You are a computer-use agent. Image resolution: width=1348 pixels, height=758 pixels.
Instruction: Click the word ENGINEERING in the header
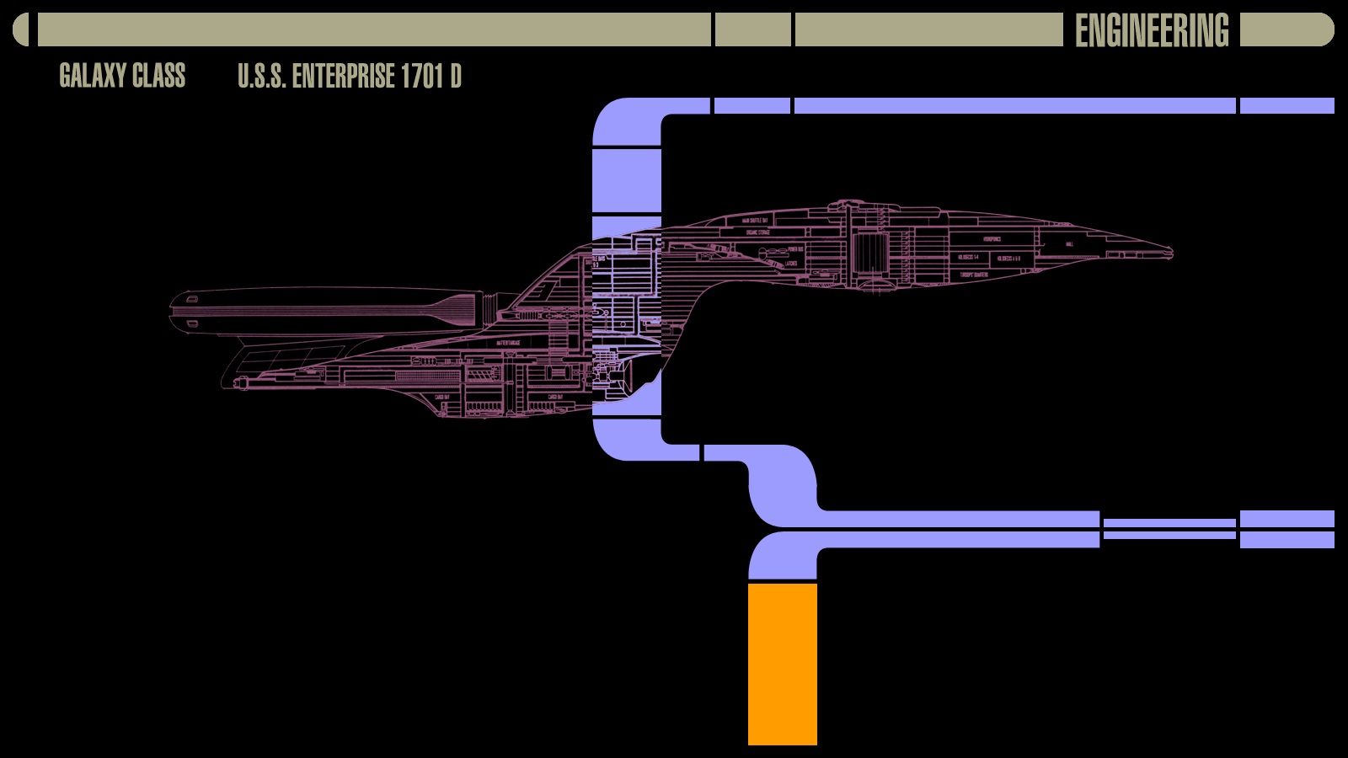[x=1152, y=30]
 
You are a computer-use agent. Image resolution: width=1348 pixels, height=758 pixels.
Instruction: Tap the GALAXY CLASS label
[x=122, y=76]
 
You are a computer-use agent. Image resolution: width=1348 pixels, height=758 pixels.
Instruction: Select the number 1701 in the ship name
[x=421, y=77]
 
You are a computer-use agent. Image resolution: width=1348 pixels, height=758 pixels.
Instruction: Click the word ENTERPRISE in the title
[x=344, y=77]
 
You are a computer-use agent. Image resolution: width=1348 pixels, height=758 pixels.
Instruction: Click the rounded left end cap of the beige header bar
[x=21, y=29]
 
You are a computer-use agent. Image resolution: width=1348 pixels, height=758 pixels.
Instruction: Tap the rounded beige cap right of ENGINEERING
[x=1286, y=29]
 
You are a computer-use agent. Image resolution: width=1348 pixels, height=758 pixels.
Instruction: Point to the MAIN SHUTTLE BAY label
[x=755, y=221]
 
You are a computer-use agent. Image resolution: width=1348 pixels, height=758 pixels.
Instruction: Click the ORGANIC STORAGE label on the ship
[x=757, y=232]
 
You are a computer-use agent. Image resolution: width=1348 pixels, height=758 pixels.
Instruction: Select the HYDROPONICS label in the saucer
[x=992, y=239]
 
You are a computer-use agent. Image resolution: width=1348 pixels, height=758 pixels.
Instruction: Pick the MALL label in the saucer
[x=1069, y=244]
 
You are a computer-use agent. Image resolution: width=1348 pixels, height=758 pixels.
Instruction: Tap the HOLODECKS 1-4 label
[x=968, y=257]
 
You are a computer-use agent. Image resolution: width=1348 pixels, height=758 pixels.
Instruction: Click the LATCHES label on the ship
[x=791, y=264]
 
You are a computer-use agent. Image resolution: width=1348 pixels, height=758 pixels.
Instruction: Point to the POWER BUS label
[x=795, y=249]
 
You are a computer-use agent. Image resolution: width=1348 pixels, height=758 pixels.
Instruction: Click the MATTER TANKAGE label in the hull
[x=508, y=343]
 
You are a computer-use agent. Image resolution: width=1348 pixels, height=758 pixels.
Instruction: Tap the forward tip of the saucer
[x=1169, y=251]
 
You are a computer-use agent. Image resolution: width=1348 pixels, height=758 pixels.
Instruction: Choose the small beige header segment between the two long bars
[x=753, y=29]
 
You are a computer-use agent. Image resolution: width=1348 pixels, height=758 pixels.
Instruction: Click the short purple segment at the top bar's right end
[x=1286, y=105]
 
